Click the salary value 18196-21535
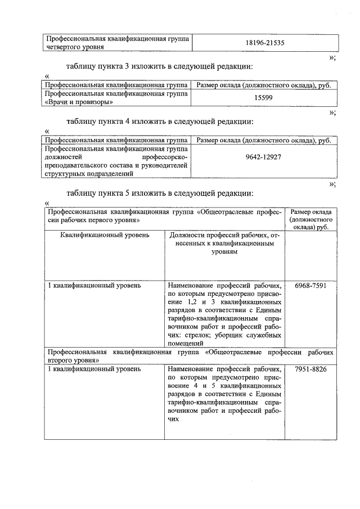pos(265,43)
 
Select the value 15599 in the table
pos(264,98)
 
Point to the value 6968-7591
pos(310,286)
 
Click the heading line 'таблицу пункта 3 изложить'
pos(159,66)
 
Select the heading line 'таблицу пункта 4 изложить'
pos(159,121)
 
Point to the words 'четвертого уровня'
pos(74,47)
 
